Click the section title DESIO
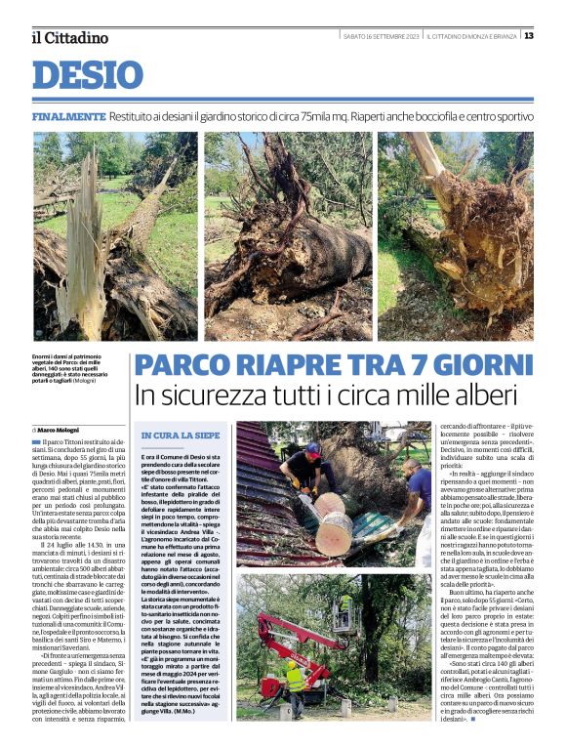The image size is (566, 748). [x=87, y=76]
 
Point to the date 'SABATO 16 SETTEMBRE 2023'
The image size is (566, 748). [x=382, y=37]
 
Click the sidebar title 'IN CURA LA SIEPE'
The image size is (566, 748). [x=181, y=435]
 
